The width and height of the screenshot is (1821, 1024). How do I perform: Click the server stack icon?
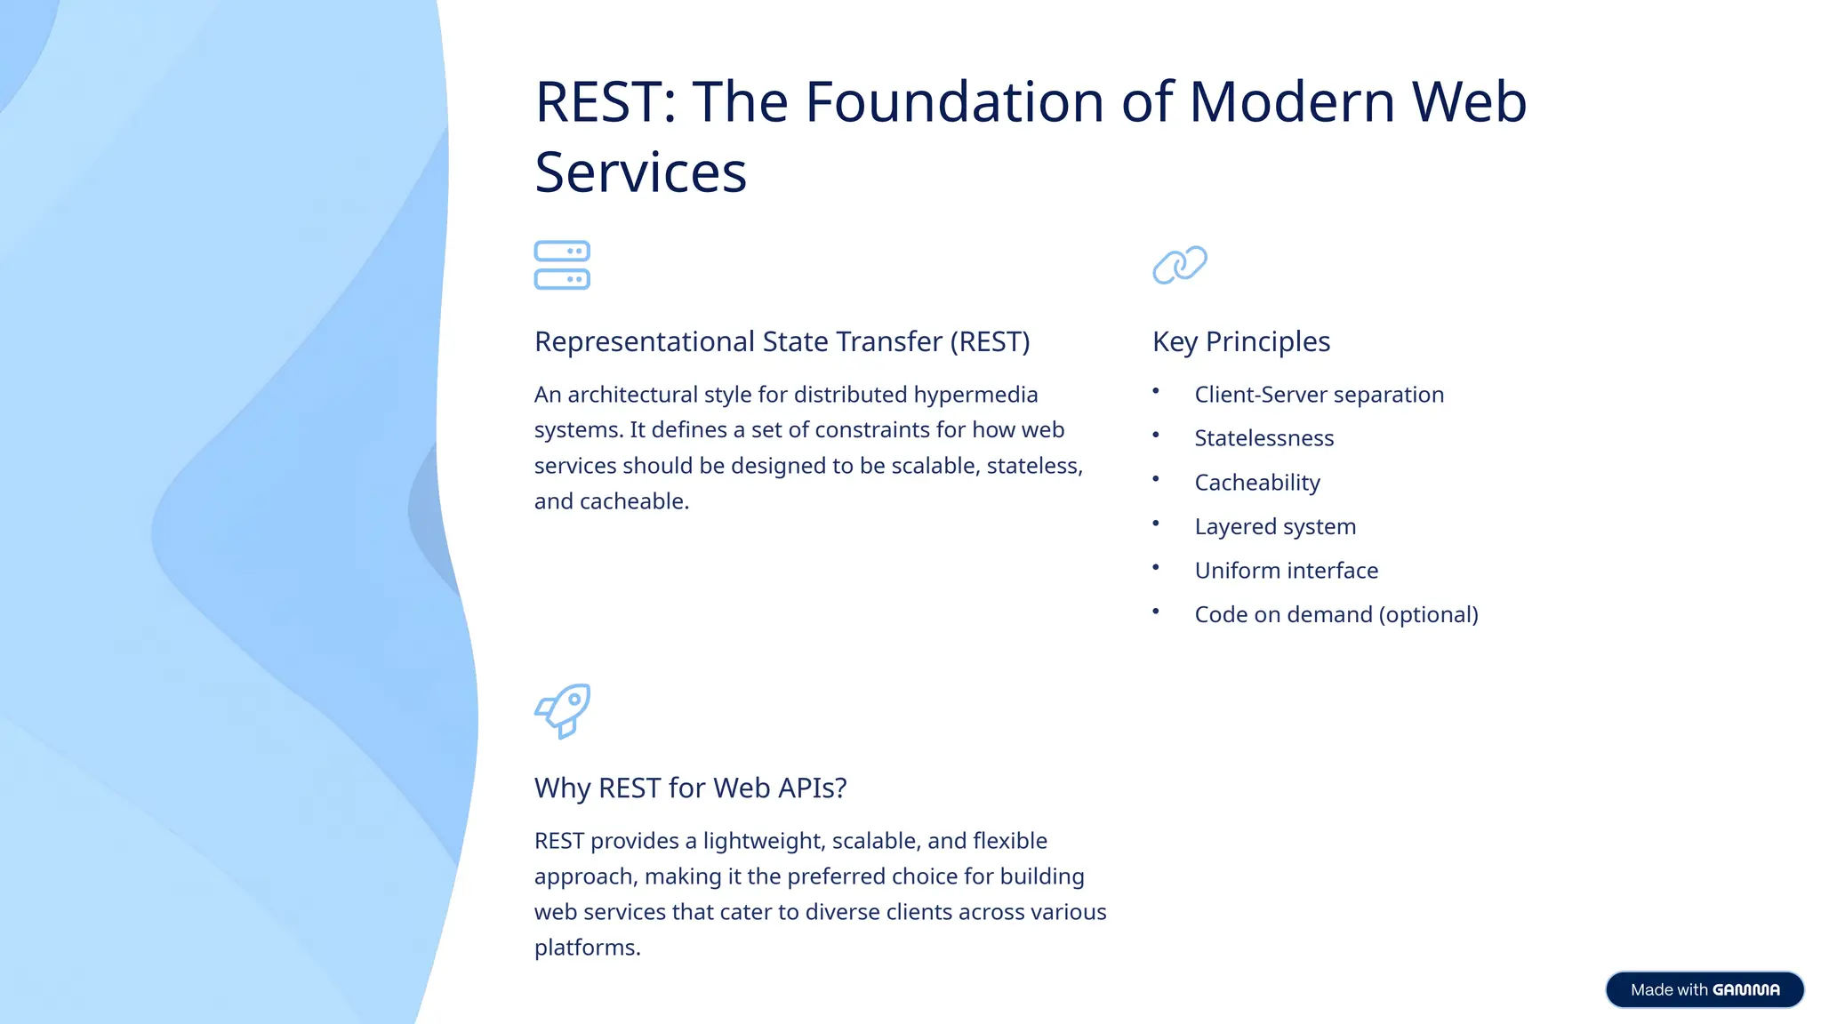coord(562,265)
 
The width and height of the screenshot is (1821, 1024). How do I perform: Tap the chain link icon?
coord(1180,265)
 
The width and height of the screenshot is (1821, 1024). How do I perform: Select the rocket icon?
coord(563,710)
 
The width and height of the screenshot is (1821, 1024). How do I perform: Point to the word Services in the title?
coord(640,172)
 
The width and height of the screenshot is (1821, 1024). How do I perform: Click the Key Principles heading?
coord(1240,341)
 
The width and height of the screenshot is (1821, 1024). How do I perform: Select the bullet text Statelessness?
coord(1263,438)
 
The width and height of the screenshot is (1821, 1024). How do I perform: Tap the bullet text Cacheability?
coord(1256,483)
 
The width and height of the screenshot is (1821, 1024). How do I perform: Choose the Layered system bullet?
coord(1274,527)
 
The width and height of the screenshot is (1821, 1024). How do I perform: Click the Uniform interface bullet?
coord(1286,571)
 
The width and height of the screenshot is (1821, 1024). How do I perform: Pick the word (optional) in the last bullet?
coord(1428,615)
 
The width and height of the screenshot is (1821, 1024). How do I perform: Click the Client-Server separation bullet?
coord(1319,395)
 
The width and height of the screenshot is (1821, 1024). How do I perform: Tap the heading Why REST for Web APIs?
coord(690,788)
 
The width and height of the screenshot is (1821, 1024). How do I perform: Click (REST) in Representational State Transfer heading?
coord(990,341)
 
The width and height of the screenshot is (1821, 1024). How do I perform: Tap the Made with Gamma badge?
coord(1704,989)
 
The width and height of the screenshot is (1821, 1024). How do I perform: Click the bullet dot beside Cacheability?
coord(1156,479)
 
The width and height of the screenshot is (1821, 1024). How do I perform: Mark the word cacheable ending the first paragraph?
coord(632,501)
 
